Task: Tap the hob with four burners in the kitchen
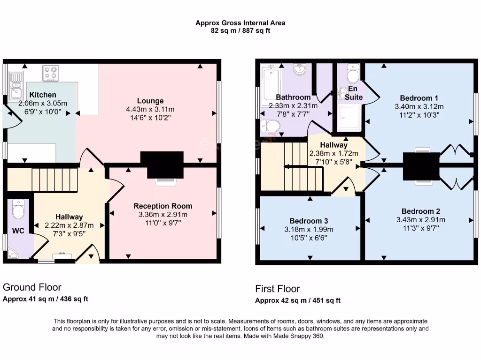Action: coord(51,73)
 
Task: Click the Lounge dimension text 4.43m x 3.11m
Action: coord(150,109)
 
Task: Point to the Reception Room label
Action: coord(163,206)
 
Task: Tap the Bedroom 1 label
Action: coord(419,98)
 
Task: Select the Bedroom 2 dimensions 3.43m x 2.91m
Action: coord(420,220)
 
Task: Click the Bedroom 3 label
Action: coord(308,221)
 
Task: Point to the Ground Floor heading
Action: coord(32,287)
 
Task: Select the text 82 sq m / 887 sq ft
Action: coord(240,31)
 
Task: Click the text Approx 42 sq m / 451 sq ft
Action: coord(298,300)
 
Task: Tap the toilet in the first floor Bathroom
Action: coord(271,126)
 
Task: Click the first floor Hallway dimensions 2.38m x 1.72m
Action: coord(334,153)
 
